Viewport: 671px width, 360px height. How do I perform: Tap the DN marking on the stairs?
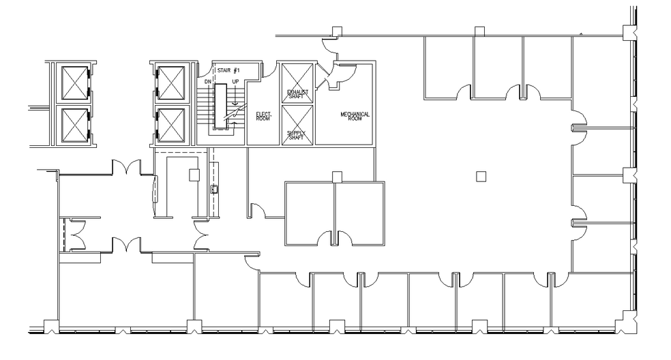208,82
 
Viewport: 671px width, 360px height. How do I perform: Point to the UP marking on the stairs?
235,82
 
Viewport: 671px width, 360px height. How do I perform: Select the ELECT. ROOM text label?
263,116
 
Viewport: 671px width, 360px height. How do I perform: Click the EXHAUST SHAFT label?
297,93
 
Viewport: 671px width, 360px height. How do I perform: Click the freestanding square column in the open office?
481,177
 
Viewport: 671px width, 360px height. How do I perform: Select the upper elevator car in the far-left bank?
75,83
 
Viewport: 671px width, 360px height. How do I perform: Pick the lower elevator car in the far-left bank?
75,125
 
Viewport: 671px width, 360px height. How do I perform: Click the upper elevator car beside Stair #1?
170,83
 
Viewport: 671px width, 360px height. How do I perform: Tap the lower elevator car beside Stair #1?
170,125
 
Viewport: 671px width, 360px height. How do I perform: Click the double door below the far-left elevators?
126,166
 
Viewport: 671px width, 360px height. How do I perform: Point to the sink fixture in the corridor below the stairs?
215,190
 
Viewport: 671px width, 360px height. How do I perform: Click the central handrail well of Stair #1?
221,106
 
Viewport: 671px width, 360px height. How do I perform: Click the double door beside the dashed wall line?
74,235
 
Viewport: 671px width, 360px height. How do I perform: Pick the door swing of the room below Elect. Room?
257,209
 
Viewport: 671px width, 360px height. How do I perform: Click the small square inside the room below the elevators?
194,174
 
